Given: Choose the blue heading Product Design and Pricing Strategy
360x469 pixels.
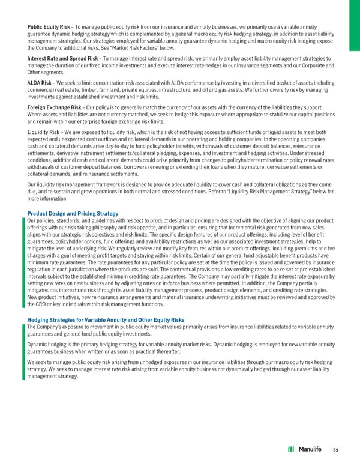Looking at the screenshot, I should [73, 214].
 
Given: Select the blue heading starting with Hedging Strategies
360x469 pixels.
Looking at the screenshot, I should [106, 320].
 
